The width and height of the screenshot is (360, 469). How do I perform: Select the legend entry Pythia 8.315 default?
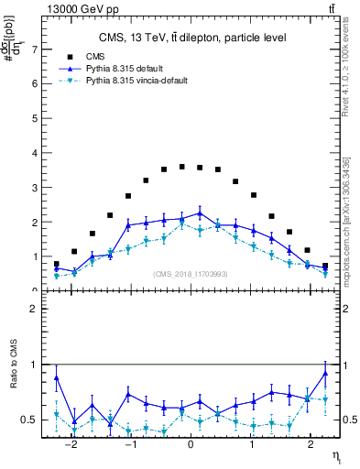point(124,69)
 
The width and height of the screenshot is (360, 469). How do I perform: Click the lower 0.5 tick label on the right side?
point(350,420)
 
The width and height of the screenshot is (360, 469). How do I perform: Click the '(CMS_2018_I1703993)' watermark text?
point(191,274)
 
